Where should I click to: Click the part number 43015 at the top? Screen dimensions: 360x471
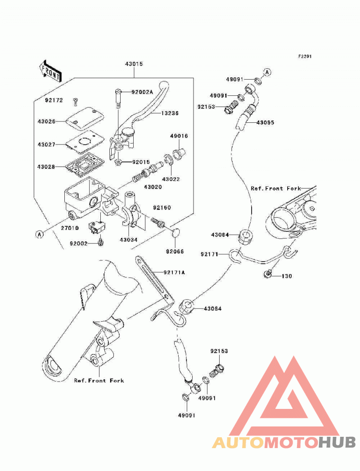tap(134, 64)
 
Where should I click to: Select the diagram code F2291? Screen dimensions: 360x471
tap(305, 56)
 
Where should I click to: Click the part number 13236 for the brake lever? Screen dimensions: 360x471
tap(170, 113)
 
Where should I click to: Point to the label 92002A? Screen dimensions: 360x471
tap(142, 92)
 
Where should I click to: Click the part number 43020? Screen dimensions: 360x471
tap(153, 187)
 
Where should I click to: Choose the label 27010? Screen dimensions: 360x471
tap(70, 228)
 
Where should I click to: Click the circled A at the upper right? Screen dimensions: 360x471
tap(267, 72)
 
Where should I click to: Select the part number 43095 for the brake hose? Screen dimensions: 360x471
tap(265, 122)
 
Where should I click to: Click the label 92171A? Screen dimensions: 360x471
tap(174, 273)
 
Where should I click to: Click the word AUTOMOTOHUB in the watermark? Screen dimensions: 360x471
tap(284, 443)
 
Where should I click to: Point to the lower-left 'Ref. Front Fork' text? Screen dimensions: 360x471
tap(99, 381)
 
